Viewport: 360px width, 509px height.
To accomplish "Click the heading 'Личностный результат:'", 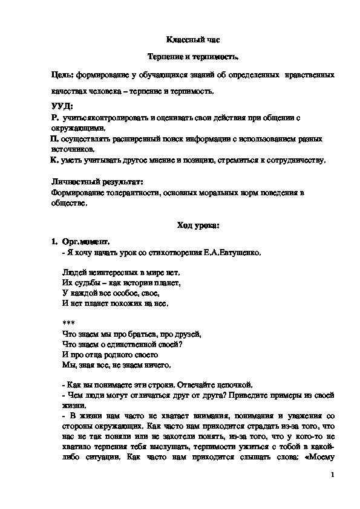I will (97, 182).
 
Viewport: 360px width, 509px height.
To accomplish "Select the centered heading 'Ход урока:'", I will (198, 225).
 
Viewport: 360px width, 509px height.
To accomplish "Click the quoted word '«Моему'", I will (319, 458).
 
